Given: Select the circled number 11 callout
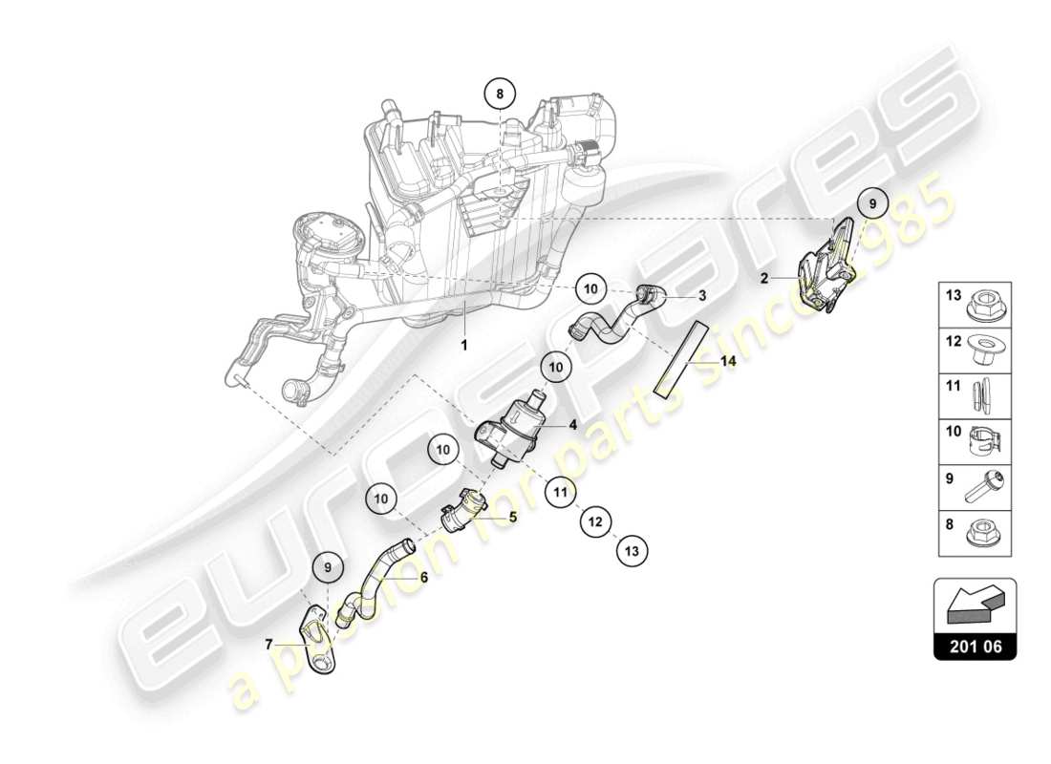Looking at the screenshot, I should point(560,494).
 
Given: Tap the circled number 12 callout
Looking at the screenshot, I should point(595,522).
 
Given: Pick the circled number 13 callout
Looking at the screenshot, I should point(631,550).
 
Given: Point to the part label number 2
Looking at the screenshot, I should point(764,279).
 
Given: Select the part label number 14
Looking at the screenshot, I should point(728,362).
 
